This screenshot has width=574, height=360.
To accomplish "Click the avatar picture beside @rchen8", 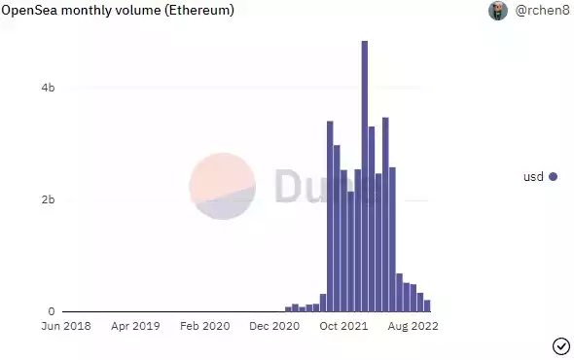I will (x=498, y=11).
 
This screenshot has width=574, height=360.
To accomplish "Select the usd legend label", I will (x=533, y=176).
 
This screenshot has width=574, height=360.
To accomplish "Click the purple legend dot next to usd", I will (x=554, y=176).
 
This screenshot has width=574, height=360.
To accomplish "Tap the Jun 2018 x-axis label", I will (x=65, y=327).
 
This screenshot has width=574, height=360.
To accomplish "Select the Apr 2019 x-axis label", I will (x=134, y=327).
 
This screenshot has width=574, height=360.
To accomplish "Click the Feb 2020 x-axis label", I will (x=204, y=327).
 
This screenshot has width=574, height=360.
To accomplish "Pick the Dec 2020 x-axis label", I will (x=275, y=327).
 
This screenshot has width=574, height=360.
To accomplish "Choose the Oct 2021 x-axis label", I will (x=344, y=327).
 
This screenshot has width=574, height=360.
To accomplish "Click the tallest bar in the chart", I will (x=365, y=175).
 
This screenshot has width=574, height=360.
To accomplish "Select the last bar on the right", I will (x=427, y=306).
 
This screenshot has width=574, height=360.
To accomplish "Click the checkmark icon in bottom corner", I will (x=560, y=345).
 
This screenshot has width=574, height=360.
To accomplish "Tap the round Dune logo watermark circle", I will (x=223, y=185).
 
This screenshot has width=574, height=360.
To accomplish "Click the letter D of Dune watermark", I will (x=289, y=185).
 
